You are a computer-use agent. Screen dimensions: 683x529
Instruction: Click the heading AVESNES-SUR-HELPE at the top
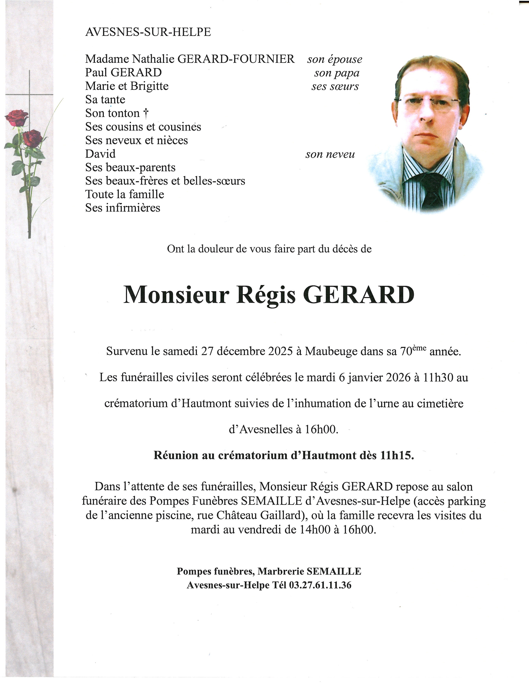[x=148, y=32]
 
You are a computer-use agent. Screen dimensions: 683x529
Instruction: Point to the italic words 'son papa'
[x=337, y=73]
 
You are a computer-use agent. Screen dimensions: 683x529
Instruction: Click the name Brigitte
[x=149, y=86]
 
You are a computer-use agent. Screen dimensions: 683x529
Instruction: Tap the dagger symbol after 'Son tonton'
[x=145, y=113]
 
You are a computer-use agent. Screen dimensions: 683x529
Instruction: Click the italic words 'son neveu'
[x=330, y=154]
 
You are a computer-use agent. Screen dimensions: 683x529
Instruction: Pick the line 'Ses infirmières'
[x=123, y=208]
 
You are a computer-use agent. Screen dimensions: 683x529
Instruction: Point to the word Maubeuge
[x=331, y=352]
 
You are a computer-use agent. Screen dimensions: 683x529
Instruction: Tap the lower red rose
[x=32, y=138]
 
